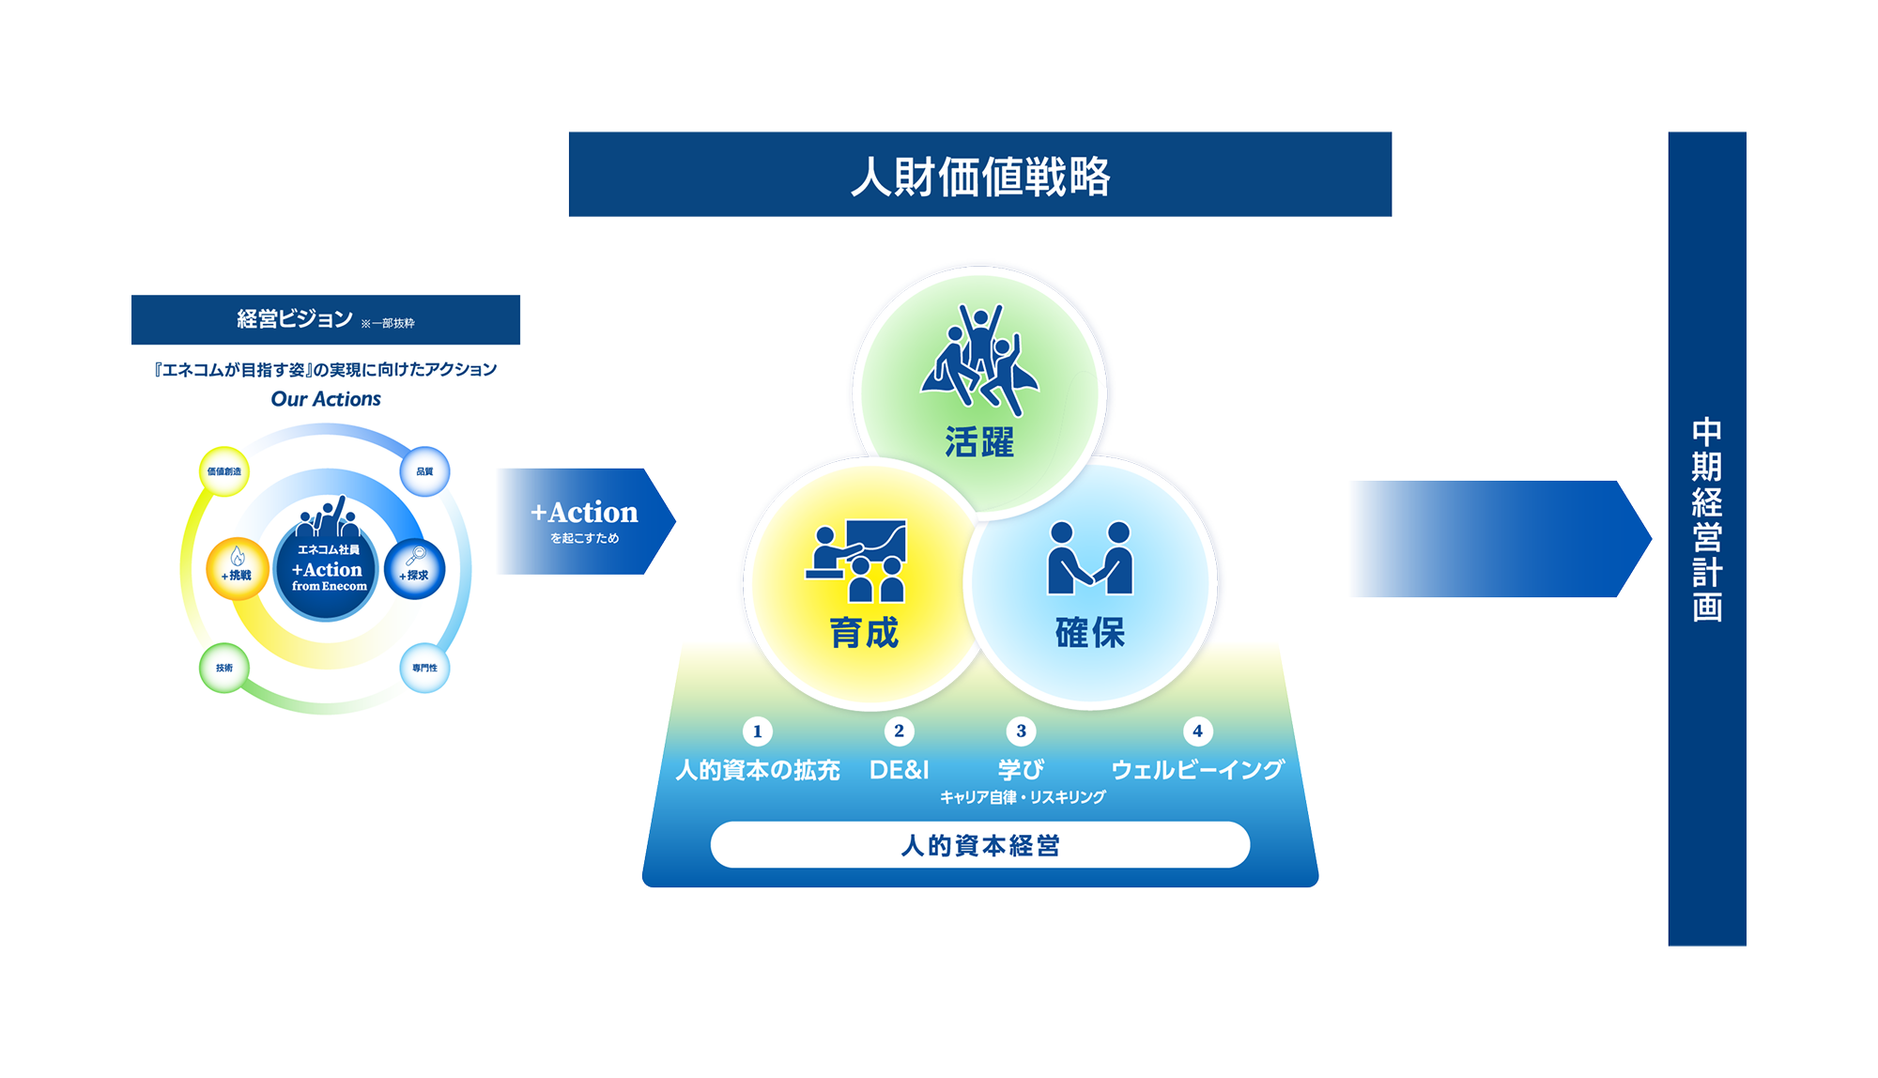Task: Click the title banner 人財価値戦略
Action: click(980, 175)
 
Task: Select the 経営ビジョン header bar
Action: click(326, 319)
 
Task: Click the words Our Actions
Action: click(326, 399)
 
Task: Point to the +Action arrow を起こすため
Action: click(586, 521)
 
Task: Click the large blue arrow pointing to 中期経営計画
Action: click(1501, 539)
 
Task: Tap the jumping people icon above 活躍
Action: click(980, 360)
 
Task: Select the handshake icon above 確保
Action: click(1090, 559)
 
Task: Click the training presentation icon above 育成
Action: click(856, 561)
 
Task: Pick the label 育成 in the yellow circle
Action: click(865, 633)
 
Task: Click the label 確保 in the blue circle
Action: click(1090, 633)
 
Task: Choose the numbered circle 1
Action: click(758, 731)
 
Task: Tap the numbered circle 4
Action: click(1197, 731)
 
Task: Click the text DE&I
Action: click(900, 770)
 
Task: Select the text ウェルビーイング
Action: click(1198, 770)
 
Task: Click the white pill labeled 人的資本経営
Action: click(980, 845)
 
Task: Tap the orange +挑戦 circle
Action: click(238, 569)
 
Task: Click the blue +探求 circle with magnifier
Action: click(414, 569)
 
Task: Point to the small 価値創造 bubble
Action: click(224, 471)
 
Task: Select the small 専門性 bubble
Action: click(424, 668)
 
